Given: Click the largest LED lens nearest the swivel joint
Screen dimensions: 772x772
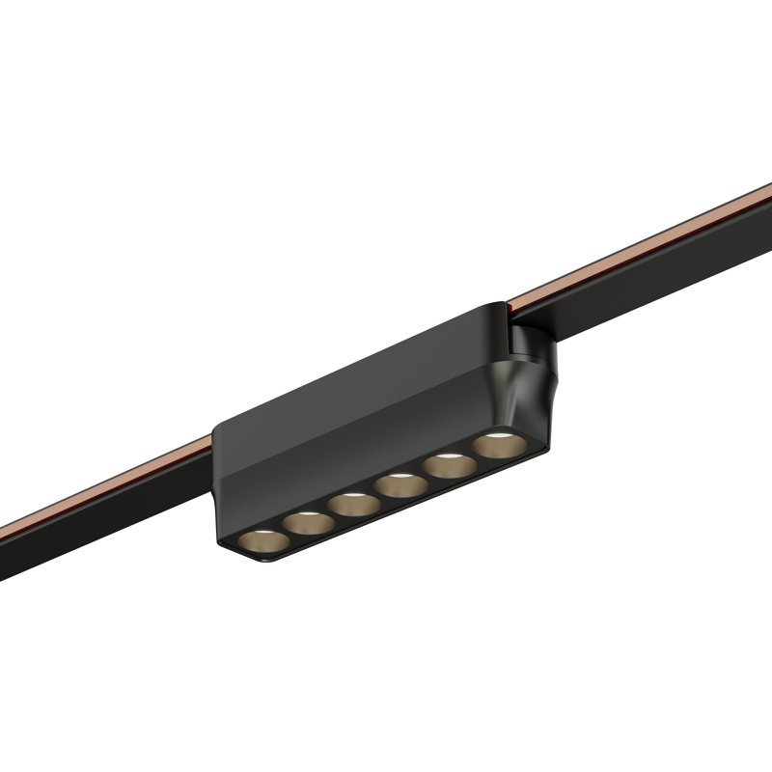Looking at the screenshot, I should [x=494, y=446].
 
